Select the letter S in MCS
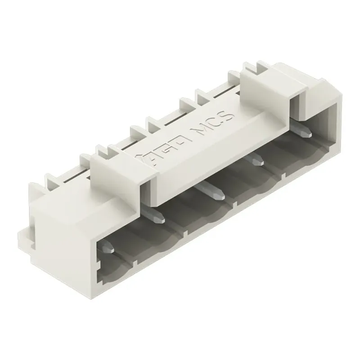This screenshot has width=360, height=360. pyautogui.click(x=229, y=115)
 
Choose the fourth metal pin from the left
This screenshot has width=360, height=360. pyautogui.click(x=257, y=158)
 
